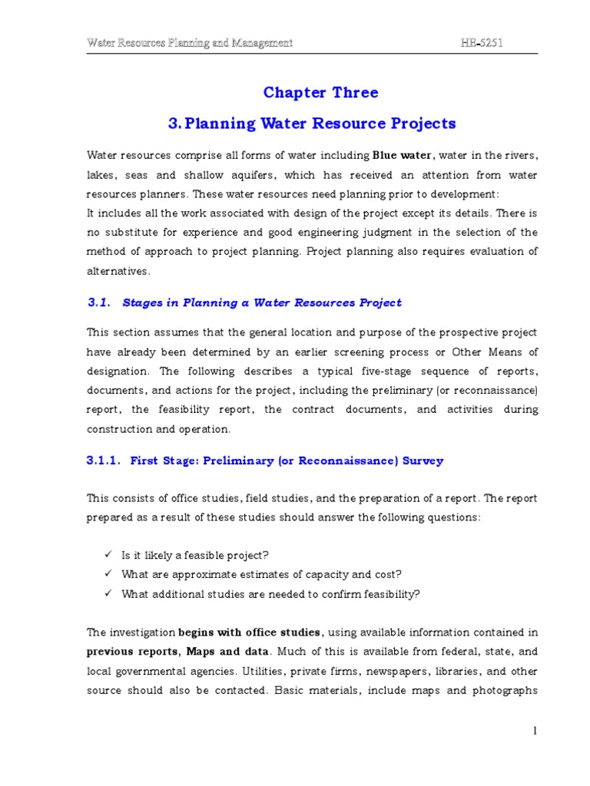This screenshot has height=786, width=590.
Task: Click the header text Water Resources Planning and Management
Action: (x=189, y=43)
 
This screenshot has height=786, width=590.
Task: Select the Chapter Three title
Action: (x=320, y=93)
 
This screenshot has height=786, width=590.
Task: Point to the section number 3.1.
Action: (x=100, y=302)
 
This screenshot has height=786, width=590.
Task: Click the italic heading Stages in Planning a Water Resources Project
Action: (x=261, y=302)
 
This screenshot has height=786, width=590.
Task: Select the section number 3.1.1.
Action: (x=104, y=461)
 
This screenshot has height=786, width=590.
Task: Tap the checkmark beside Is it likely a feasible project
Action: (x=108, y=554)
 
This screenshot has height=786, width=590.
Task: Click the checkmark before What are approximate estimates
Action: (x=108, y=573)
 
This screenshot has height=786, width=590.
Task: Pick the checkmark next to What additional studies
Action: (x=108, y=593)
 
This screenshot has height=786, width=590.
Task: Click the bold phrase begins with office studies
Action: (x=250, y=632)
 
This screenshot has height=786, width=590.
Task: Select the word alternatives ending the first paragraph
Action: (x=118, y=271)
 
